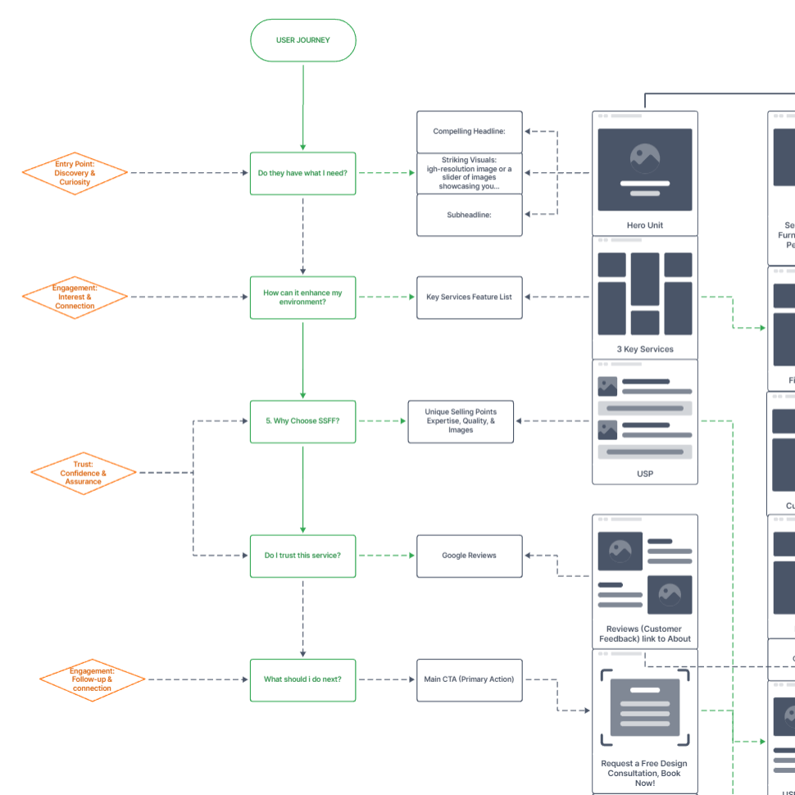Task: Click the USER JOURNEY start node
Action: point(302,40)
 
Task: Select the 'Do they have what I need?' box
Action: point(302,173)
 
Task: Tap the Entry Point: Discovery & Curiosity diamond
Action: point(75,173)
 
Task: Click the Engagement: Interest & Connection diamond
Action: point(75,297)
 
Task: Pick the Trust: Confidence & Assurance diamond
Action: point(83,473)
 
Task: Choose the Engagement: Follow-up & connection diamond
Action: point(92,679)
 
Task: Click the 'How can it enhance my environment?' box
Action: point(302,297)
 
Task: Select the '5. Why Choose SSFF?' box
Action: point(302,420)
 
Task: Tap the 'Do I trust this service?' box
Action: point(302,556)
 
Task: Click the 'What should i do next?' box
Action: point(302,679)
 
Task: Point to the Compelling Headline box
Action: point(469,131)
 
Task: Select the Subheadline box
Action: point(469,215)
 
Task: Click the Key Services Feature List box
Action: point(469,297)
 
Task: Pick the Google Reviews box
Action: point(469,556)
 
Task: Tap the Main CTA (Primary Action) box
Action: point(469,679)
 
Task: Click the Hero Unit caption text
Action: point(645,225)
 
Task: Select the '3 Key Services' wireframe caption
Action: point(645,349)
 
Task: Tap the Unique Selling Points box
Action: point(461,420)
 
